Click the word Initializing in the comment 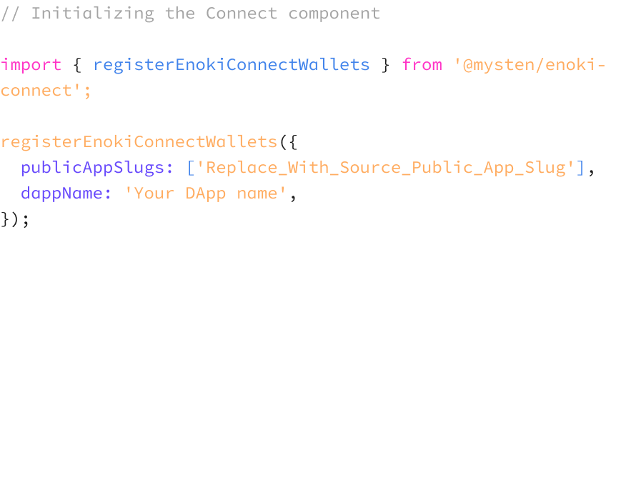click(92, 13)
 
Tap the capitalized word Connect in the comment click(241, 13)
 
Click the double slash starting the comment click(10, 13)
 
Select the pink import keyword click(31, 64)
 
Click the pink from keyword click(422, 64)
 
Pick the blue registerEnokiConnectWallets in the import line click(232, 64)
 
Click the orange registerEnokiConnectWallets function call click(139, 141)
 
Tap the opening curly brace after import click(77, 64)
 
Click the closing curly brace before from click(386, 64)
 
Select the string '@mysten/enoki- click(530, 64)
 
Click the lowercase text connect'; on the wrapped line click(46, 91)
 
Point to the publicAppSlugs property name click(97, 167)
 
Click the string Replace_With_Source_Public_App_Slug click(386, 167)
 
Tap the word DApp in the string click(206, 193)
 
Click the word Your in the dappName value click(154, 193)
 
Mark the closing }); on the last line click(15, 219)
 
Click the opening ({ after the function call click(287, 141)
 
